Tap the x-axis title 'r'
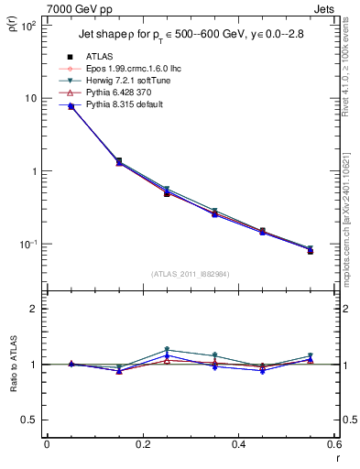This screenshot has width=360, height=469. [337, 457]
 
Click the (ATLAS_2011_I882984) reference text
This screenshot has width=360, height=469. [191, 273]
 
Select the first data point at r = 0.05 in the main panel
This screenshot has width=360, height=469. [71, 106]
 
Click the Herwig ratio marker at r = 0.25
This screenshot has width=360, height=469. [167, 350]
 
